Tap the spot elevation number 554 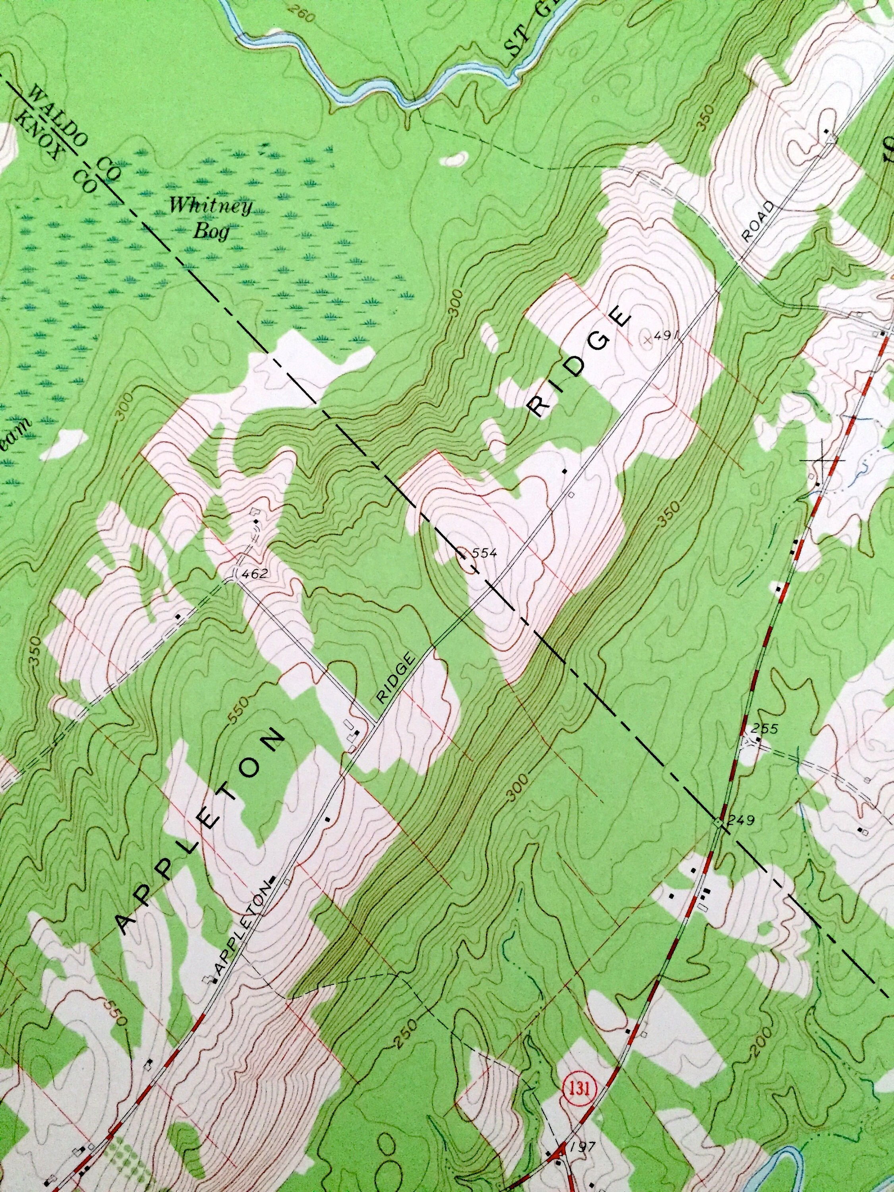pos(482,552)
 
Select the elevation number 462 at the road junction pos(254,574)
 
